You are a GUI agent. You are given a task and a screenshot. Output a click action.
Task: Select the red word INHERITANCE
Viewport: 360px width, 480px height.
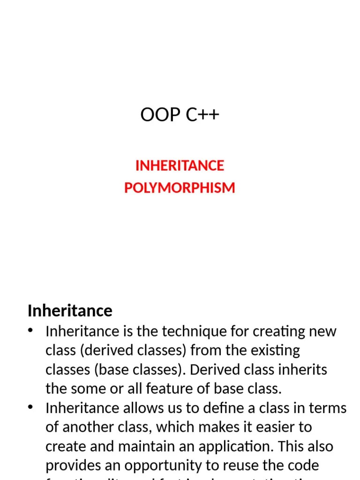point(180,165)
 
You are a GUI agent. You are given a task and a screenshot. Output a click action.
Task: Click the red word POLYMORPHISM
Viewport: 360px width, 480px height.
point(180,187)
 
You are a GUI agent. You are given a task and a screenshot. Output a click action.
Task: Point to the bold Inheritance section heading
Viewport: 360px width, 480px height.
point(70,310)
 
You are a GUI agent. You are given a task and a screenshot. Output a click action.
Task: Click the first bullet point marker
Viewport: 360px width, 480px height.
point(31,330)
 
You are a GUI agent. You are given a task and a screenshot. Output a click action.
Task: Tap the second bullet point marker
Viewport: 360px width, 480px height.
point(31,407)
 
